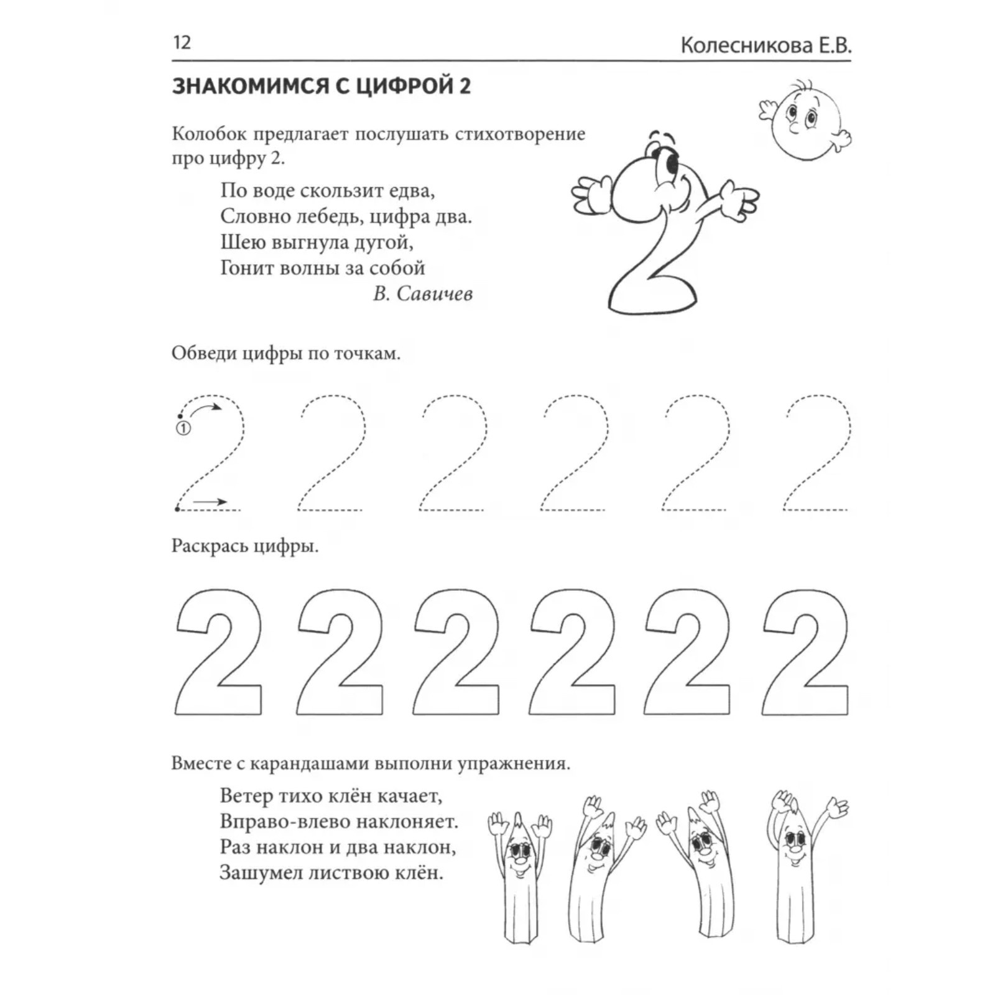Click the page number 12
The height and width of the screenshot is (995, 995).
click(x=182, y=43)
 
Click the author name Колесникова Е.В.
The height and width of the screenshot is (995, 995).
click(x=766, y=46)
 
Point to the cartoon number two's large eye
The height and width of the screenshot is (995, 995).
click(x=672, y=164)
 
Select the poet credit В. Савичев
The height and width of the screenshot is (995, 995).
click(x=422, y=294)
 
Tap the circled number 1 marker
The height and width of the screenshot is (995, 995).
click(x=183, y=428)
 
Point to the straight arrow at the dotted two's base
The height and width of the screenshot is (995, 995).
click(x=210, y=501)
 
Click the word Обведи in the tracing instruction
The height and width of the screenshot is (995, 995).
click(x=203, y=353)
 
